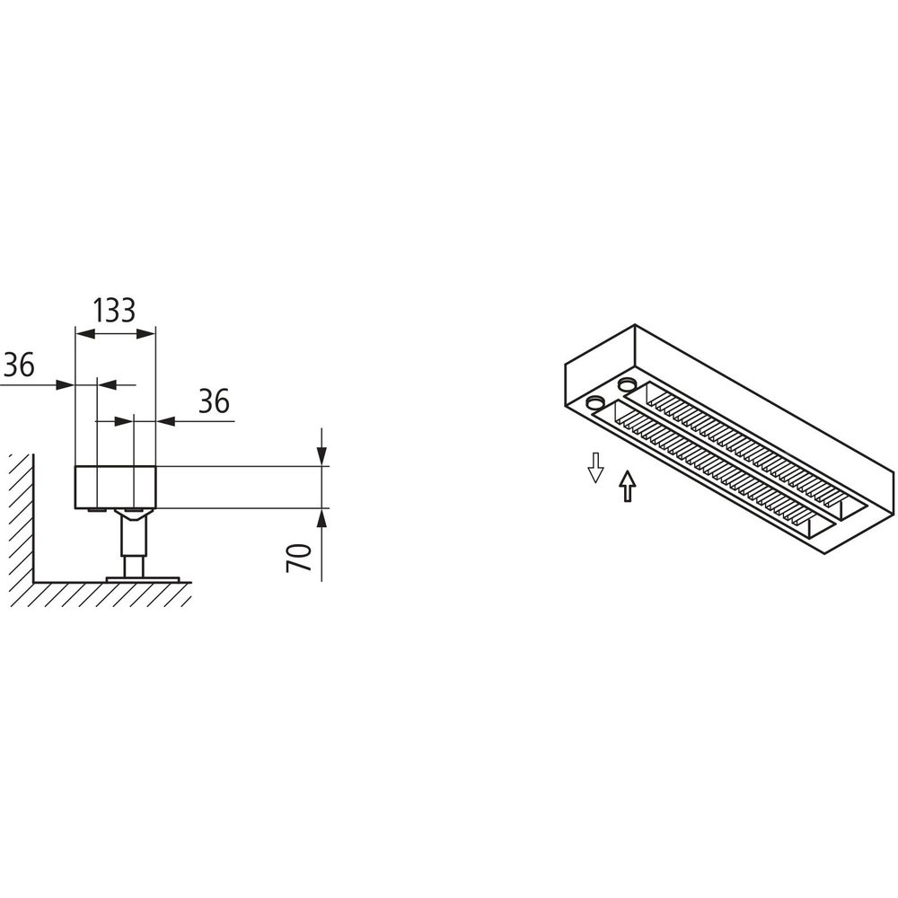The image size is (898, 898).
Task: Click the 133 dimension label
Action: [115, 311]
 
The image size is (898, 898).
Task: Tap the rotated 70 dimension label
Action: [298, 559]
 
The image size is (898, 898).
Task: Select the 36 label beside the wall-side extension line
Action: [19, 365]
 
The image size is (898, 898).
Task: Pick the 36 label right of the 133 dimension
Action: [215, 401]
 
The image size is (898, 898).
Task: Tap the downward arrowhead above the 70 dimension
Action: [322, 456]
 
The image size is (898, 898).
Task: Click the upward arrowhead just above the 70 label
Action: [322, 519]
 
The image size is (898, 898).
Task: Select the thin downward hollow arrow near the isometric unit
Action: [595, 467]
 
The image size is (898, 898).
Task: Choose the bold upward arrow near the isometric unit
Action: [629, 486]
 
